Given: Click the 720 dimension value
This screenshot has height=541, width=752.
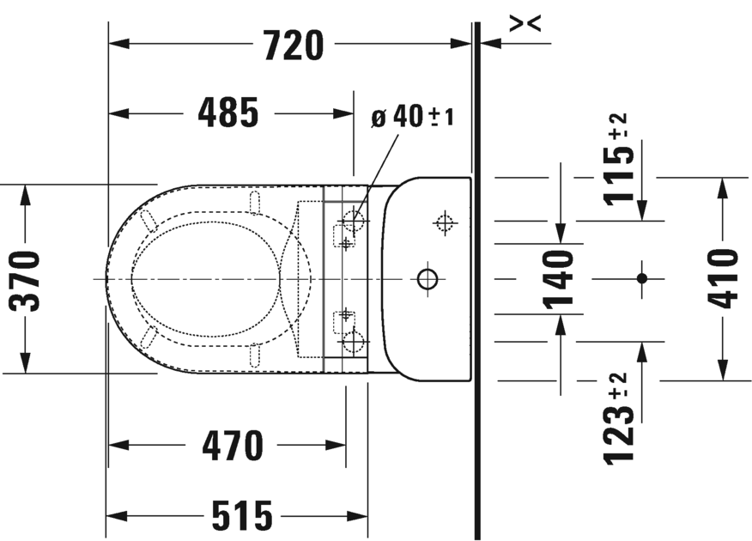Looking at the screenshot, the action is coord(294,45).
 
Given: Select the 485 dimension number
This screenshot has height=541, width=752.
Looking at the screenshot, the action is coord(228,113).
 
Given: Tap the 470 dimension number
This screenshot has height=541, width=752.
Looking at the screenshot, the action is coord(232,446).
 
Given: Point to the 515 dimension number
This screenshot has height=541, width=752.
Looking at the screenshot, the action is coord(242,516).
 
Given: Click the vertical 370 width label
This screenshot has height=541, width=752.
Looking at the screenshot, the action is coord(24,281).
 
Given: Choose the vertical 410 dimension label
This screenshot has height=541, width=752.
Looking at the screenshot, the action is coord(723,278).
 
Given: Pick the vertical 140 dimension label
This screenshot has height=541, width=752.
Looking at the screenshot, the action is coord(559,279).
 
